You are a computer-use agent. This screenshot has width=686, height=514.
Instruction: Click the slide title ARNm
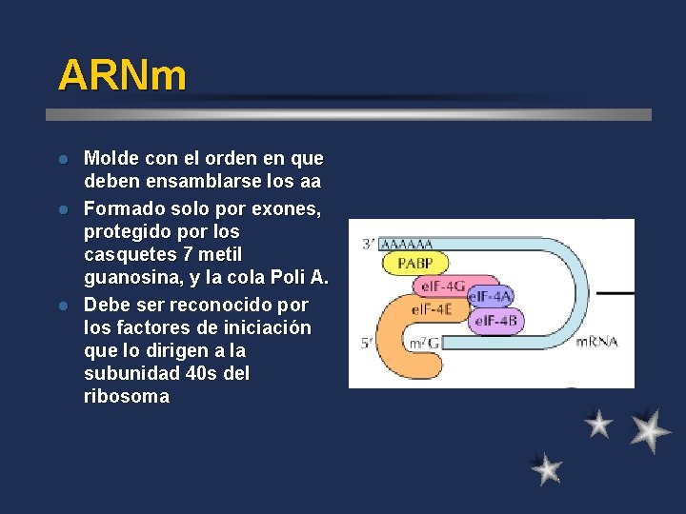click(122, 75)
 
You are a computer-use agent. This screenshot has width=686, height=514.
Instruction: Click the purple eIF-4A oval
click(491, 296)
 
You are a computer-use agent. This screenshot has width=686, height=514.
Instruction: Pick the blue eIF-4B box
click(496, 321)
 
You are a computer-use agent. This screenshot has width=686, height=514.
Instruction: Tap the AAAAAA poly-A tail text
click(406, 244)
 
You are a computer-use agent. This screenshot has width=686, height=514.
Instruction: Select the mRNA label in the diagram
click(596, 342)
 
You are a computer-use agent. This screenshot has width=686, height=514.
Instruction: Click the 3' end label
click(368, 245)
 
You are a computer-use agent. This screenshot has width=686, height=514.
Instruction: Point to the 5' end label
click(367, 343)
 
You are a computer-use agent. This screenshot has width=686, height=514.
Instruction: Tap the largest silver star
click(650, 429)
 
